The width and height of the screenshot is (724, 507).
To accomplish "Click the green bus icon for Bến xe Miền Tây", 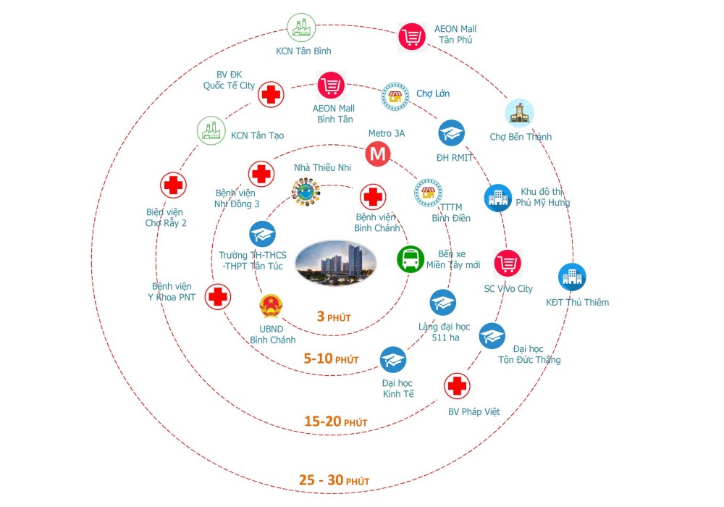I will coord(411,259).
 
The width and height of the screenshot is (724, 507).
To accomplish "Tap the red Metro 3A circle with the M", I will coord(377,154).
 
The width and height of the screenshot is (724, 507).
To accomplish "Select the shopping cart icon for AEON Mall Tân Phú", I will coord(411,37).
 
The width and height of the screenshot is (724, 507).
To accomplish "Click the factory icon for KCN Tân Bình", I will coord(301,29).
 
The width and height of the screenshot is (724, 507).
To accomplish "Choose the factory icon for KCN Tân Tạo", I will coord(211,132).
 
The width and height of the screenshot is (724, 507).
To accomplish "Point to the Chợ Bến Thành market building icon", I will coord(519,114).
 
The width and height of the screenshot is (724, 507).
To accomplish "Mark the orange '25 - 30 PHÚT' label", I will coord(334,480).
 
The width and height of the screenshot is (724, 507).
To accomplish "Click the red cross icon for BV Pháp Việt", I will coord(457,387).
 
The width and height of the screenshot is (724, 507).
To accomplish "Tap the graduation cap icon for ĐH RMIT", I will coord(452,133).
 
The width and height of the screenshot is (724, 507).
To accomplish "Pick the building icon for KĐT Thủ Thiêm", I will coord(572,277).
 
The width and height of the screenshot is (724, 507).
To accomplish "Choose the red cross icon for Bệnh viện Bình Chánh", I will coord(373,196).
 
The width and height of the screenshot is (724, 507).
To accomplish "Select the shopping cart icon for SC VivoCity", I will coord(508,263).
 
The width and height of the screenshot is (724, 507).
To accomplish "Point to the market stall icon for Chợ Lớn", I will coord(395,96).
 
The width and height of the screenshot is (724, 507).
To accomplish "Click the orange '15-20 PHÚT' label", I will coord(335,422).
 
